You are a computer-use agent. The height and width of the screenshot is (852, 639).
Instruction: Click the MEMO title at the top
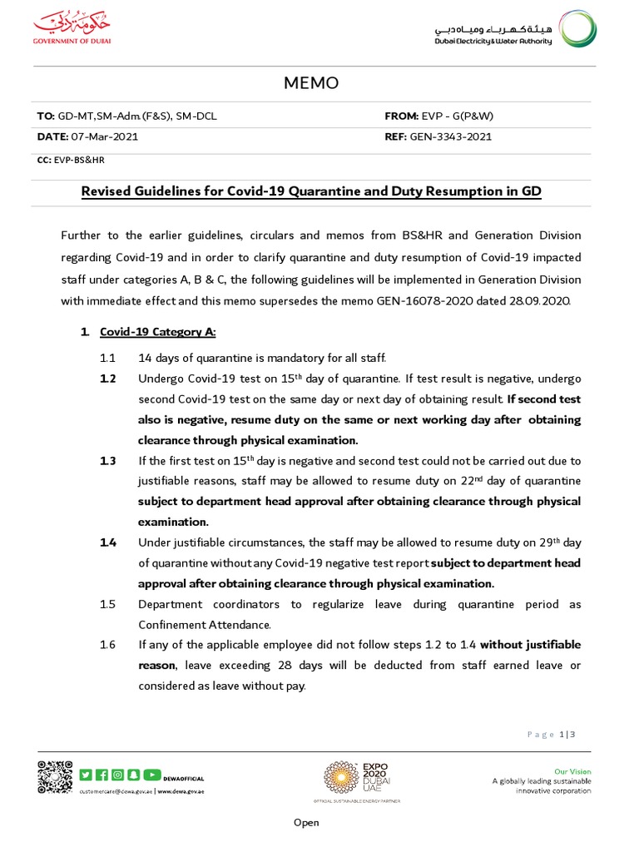point(312,84)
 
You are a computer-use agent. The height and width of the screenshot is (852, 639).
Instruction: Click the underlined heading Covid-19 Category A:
point(157,332)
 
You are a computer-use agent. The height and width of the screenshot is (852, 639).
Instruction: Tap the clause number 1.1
point(106,358)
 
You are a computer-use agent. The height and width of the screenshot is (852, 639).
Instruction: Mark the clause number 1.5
point(106,604)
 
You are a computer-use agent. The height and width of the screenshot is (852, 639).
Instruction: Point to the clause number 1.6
point(106,645)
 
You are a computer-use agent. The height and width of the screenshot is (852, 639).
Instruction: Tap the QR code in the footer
point(54,777)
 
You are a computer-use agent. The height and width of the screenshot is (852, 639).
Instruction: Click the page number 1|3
point(567,734)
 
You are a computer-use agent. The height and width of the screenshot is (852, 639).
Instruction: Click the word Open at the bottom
point(305,823)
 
